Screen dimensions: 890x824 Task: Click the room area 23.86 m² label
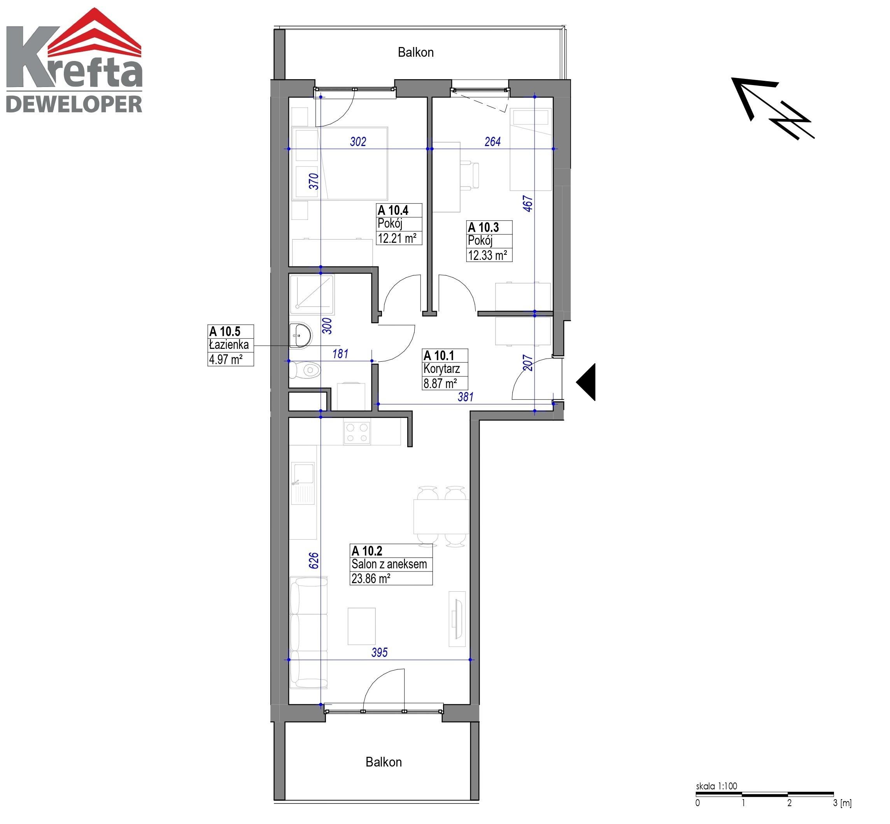371,578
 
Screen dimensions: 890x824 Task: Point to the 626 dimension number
314,561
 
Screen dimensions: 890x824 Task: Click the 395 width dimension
379,652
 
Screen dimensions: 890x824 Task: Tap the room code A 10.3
484,227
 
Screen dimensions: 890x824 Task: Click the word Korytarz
442,369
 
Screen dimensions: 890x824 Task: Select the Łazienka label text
229,344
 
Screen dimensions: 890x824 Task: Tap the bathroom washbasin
300,335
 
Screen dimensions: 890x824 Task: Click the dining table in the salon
441,516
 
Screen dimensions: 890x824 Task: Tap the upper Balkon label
415,52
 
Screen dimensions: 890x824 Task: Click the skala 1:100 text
717,786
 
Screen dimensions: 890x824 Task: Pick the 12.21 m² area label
397,238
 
